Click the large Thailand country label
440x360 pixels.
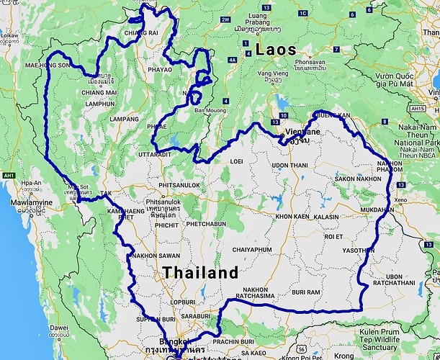(x=199, y=273)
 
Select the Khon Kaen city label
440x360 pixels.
(x=292, y=216)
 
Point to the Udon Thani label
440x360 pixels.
(x=289, y=166)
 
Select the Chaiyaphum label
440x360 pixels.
(x=252, y=249)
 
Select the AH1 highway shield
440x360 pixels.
(x=9, y=175)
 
